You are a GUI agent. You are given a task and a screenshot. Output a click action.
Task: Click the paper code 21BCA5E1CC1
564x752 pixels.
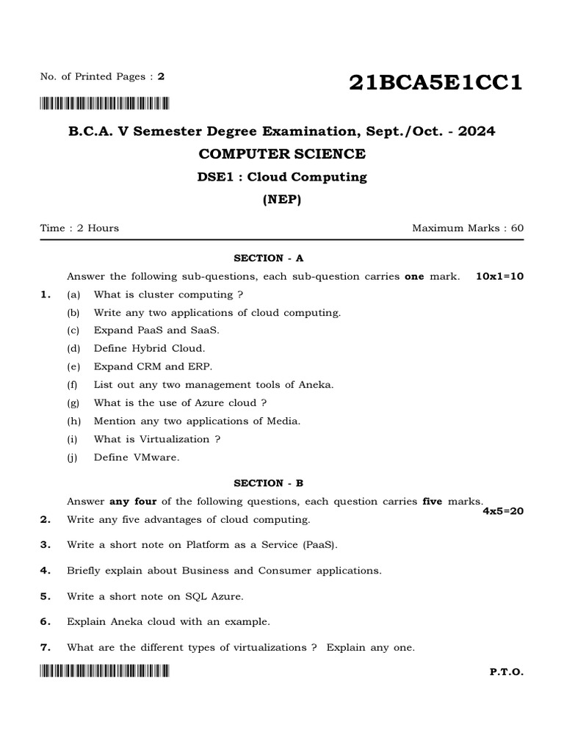coord(435,83)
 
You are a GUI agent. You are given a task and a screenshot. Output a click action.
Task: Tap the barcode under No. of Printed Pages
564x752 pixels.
coord(104,103)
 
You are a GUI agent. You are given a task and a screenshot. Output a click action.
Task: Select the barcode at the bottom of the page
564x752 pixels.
coord(104,670)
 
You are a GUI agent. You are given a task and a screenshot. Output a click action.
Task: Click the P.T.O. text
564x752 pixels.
coord(506,671)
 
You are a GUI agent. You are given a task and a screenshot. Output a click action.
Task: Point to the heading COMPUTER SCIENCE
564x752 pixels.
coord(282,153)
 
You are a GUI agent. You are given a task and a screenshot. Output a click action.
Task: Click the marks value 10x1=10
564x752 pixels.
coord(499,276)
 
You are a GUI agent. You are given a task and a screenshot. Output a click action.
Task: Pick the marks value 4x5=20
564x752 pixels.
coord(502,511)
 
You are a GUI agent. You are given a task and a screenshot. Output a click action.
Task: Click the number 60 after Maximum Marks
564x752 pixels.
coord(517,228)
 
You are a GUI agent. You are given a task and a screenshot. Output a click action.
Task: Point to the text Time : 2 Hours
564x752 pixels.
coord(79,228)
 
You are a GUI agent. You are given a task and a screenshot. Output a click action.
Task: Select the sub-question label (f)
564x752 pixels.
coord(72,384)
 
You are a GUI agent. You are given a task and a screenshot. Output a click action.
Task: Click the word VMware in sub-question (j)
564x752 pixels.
coord(156,457)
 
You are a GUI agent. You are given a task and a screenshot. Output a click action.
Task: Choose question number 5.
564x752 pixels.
coord(45,596)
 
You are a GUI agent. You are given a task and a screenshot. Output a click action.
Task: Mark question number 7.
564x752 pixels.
coord(45,647)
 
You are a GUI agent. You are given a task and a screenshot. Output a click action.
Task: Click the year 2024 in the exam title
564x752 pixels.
coord(474,131)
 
